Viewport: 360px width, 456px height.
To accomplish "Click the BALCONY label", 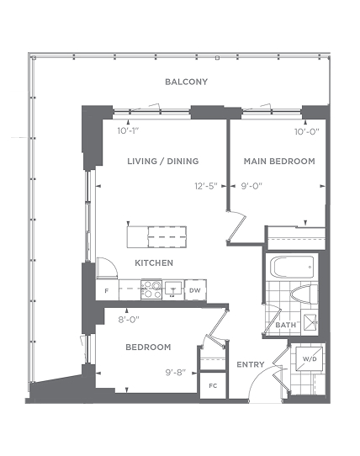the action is [187, 82].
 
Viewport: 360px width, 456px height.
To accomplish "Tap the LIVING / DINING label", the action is [163, 161].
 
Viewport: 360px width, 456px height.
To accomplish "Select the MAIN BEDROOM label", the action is [279, 161].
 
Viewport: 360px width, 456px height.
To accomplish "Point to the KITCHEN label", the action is [154, 262].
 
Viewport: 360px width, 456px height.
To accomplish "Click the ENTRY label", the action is [251, 364].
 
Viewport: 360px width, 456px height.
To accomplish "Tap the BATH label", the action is [285, 325].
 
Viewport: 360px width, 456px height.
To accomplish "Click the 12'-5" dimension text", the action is [206, 186].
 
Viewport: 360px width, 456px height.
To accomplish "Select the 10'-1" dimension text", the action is [128, 131].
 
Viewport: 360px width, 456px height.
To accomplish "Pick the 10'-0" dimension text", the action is [307, 132].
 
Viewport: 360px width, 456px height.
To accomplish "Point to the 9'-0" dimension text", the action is [251, 186].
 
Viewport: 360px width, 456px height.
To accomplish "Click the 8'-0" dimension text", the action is [129, 320].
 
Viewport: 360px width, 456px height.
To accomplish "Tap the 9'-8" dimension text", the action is [176, 373].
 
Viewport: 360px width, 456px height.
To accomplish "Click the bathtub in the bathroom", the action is [292, 267].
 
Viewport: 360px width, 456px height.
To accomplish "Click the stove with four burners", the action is [151, 289].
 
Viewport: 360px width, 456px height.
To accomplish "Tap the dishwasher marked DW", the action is [195, 290].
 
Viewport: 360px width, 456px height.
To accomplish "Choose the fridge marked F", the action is [107, 290].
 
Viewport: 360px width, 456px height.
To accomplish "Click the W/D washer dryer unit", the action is [309, 359].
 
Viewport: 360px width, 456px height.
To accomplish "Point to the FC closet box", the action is [213, 386].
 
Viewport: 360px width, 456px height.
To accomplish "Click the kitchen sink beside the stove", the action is [173, 289].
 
